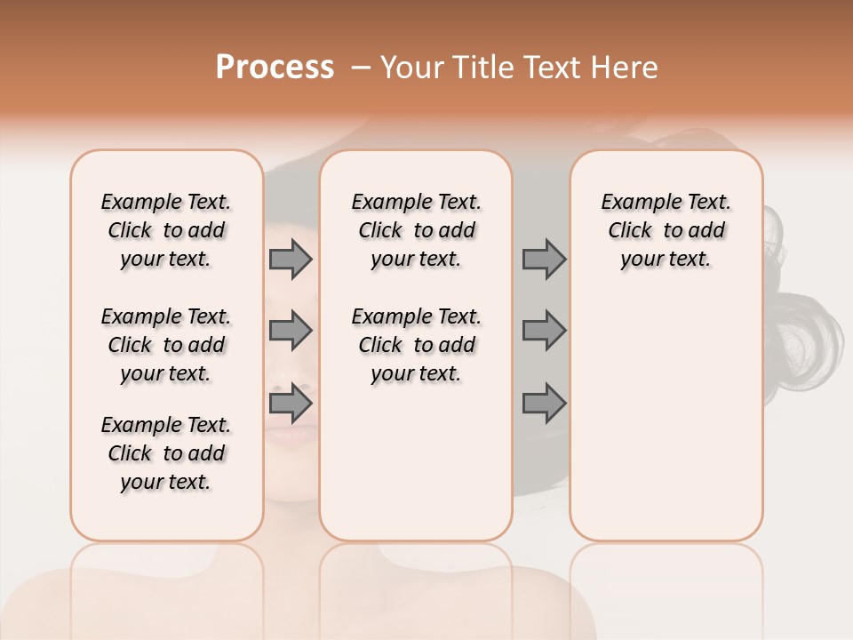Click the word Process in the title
[275, 67]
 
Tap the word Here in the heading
[626, 68]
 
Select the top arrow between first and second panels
[291, 259]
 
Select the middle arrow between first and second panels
[291, 332]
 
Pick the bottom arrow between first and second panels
[291, 404]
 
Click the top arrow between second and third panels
[544, 259]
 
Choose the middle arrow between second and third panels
[544, 332]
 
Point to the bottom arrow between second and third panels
[544, 404]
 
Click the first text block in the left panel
[166, 230]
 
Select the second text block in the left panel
[166, 345]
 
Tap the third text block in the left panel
[166, 453]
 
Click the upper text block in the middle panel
[416, 230]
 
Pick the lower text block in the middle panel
[416, 345]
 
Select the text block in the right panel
[666, 230]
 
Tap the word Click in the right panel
[630, 231]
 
